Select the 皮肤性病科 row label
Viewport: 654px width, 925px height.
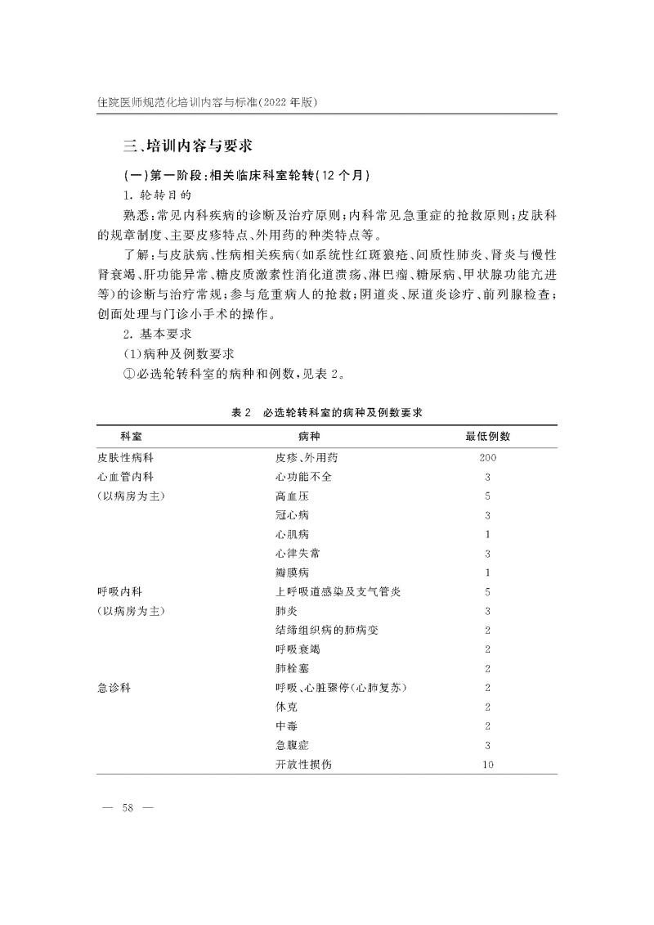pyautogui.click(x=124, y=458)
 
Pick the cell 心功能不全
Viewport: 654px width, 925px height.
pyautogui.click(x=304, y=477)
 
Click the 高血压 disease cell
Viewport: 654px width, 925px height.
pyautogui.click(x=293, y=496)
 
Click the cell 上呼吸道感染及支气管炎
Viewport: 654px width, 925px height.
pyautogui.click(x=338, y=591)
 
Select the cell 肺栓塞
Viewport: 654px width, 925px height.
pyautogui.click(x=293, y=668)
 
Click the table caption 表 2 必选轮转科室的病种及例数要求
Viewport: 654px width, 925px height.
pyautogui.click(x=325, y=413)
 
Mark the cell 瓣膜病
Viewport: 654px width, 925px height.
pyautogui.click(x=293, y=573)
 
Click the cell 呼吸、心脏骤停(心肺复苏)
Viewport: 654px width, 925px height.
pyautogui.click(x=342, y=687)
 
